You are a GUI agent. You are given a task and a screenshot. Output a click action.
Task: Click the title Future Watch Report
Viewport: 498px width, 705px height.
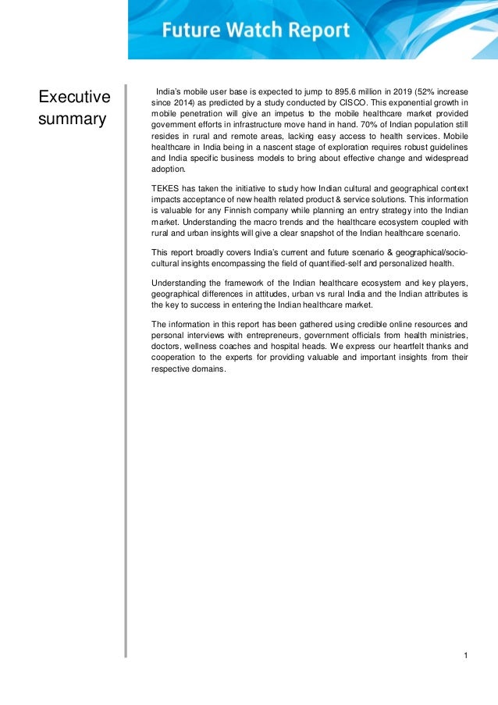tap(256, 31)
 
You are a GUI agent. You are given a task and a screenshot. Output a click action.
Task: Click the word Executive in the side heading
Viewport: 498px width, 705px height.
tap(75, 98)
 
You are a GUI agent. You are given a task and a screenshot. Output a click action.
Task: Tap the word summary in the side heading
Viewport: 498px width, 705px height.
tap(73, 120)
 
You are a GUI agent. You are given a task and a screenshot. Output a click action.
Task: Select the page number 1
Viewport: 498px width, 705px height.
tap(465, 653)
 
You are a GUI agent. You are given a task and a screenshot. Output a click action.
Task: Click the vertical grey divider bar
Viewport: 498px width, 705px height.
tap(125, 367)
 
